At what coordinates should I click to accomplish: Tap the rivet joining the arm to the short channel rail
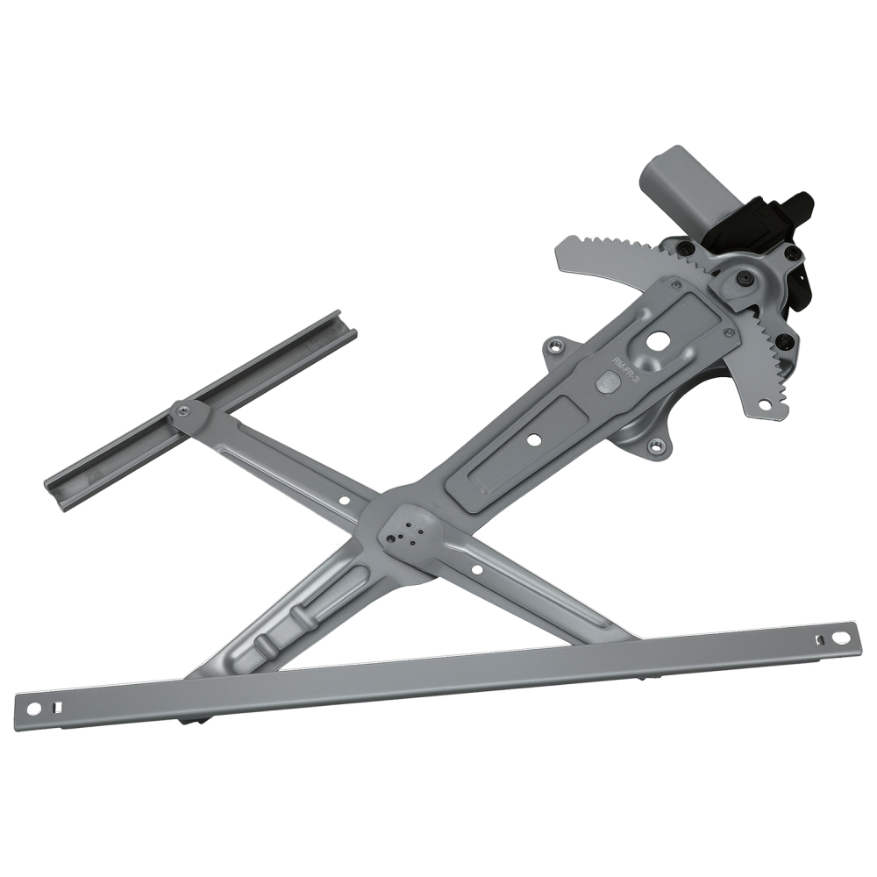tap(181, 410)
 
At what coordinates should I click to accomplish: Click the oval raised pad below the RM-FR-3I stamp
tap(606, 382)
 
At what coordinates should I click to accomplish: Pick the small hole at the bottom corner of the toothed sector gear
tap(763, 405)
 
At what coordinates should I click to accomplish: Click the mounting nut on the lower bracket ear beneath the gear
tap(655, 446)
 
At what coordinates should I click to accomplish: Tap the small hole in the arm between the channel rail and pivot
tap(344, 502)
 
